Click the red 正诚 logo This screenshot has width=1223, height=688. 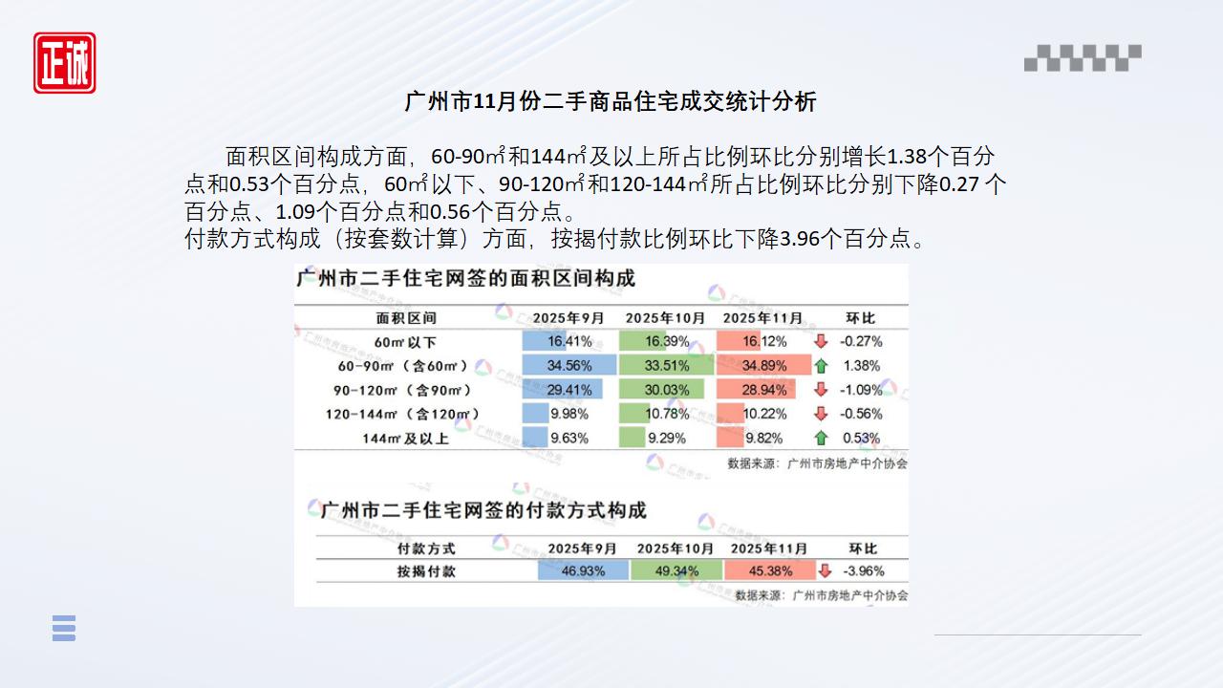65,63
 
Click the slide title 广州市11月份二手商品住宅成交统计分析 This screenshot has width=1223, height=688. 611,101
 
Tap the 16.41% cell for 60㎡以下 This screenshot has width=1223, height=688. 569,341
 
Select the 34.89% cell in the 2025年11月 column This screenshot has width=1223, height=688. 764,365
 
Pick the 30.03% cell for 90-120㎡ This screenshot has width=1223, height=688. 667,390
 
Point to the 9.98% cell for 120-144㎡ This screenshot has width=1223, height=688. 569,414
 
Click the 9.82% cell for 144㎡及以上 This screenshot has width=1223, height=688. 764,439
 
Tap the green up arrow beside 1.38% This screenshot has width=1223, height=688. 820,365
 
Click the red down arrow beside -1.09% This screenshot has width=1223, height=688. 820,390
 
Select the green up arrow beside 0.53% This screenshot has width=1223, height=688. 820,439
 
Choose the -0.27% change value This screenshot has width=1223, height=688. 861,341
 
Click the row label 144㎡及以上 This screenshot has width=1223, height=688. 405,439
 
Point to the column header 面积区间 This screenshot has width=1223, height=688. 405,317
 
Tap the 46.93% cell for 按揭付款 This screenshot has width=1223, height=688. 583,570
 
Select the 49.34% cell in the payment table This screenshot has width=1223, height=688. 675,570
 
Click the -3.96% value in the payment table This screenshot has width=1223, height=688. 863,570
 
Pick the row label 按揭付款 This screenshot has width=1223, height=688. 426,570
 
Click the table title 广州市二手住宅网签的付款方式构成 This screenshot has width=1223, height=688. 483,510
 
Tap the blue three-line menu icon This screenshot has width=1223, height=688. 64,628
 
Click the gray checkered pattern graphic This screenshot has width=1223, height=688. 1083,58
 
